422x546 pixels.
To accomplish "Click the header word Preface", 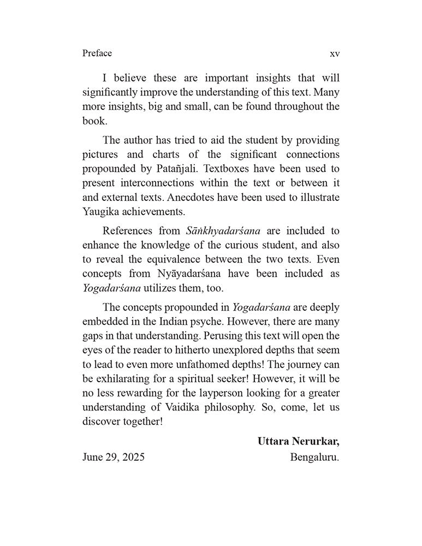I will coord(97,53).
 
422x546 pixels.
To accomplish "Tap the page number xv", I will coord(335,54).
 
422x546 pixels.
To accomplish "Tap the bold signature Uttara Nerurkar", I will coord(298,441).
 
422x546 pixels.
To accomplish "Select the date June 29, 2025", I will coord(114,457).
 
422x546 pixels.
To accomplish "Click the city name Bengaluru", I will coord(314,457).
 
